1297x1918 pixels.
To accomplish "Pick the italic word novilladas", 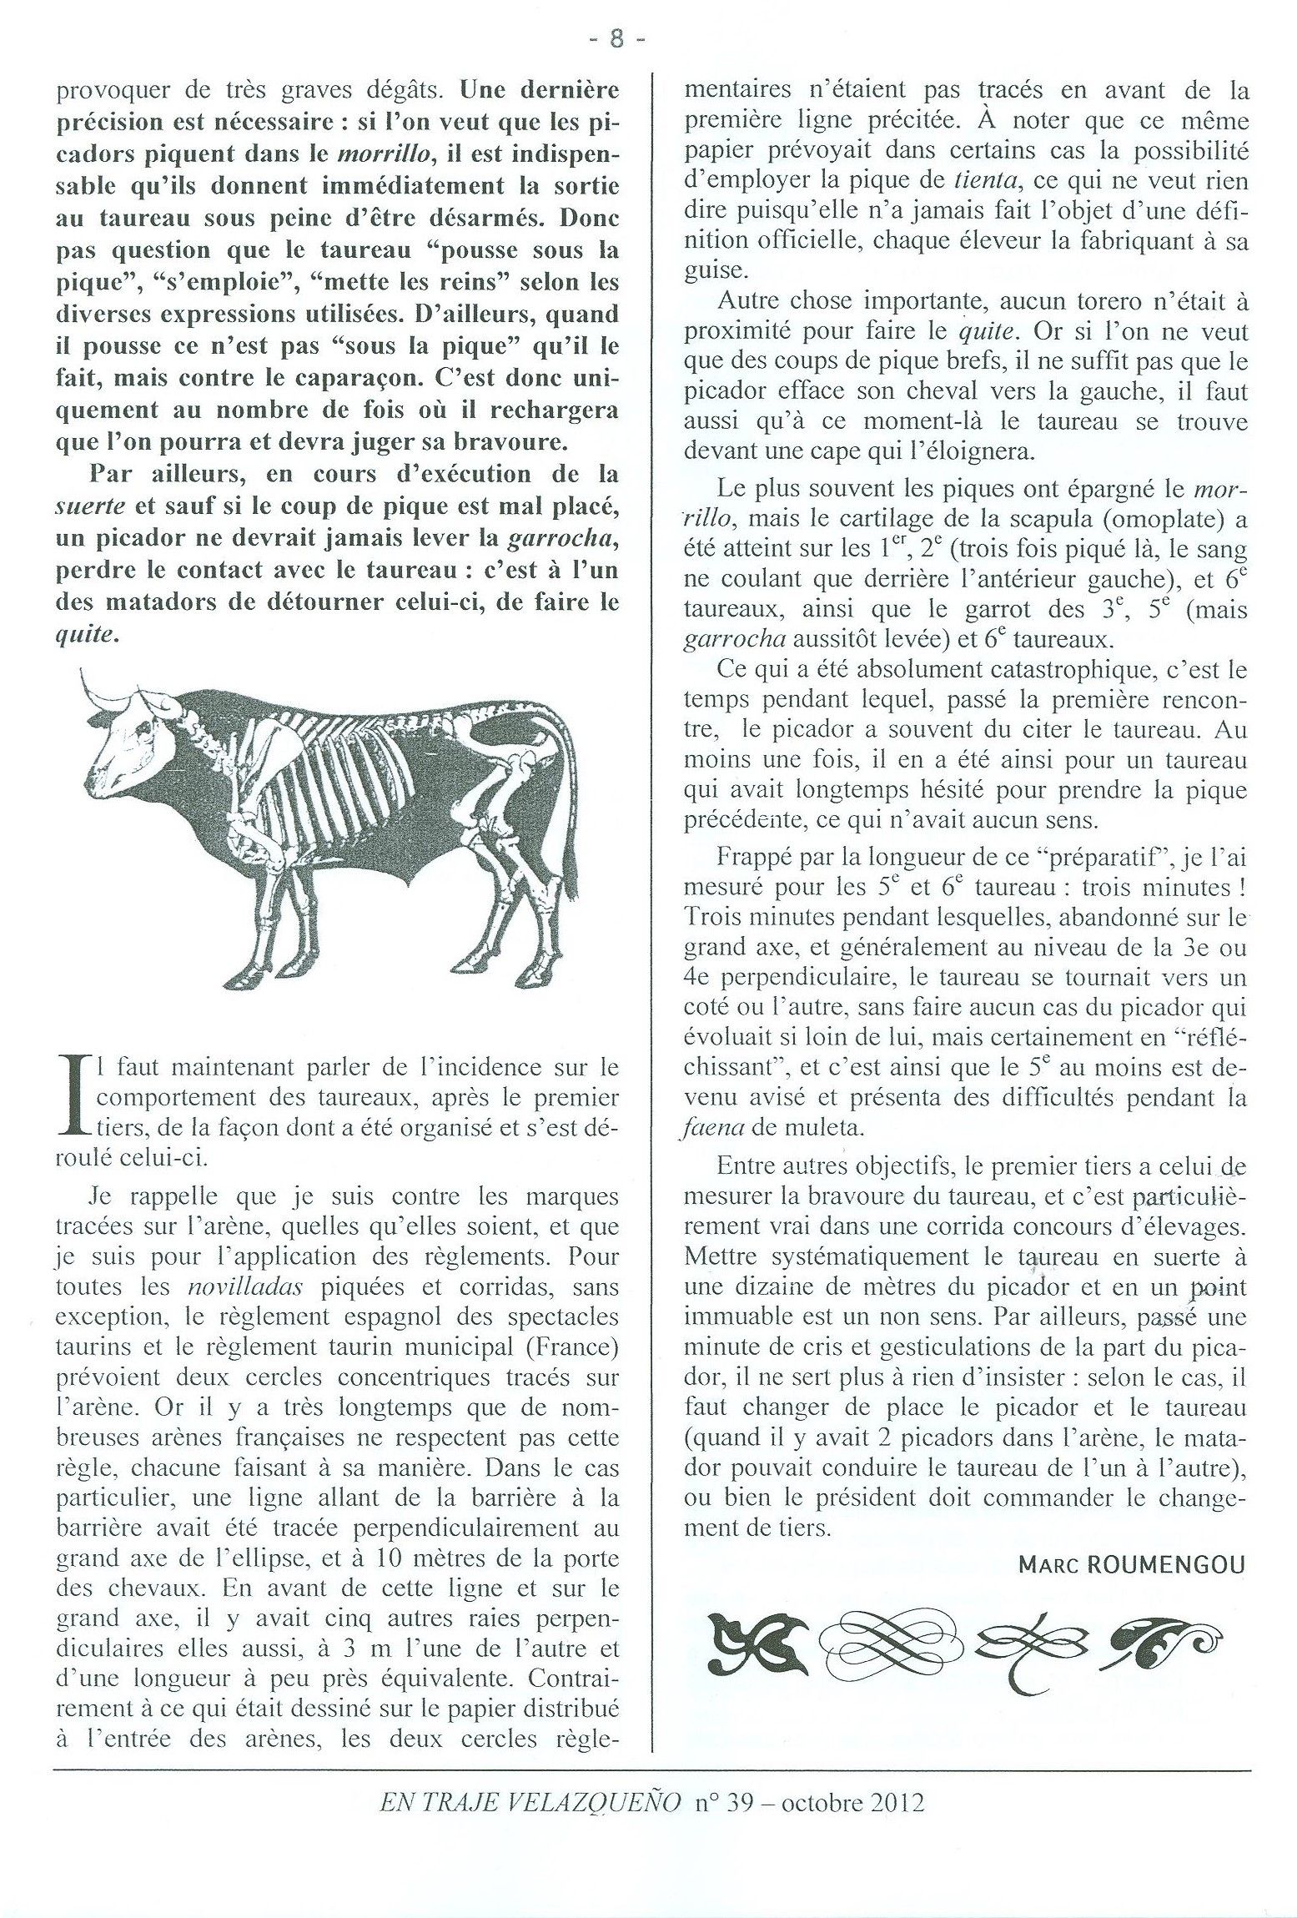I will point(243,1287).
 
